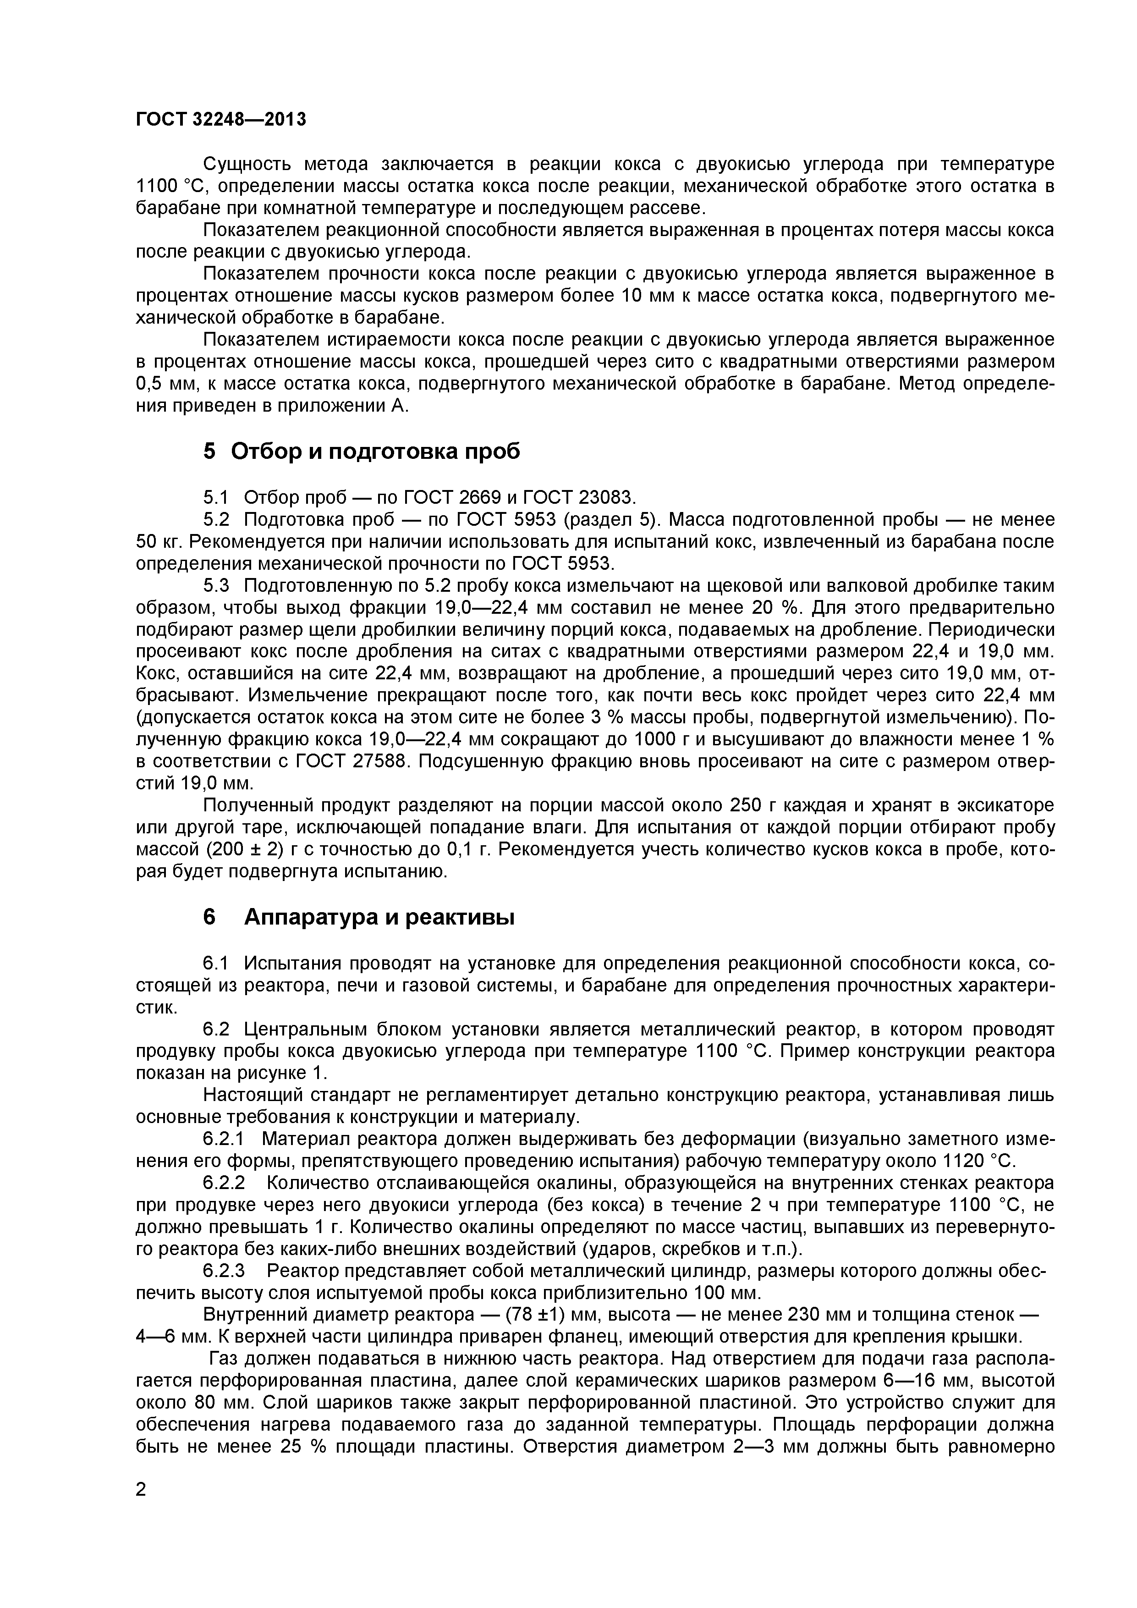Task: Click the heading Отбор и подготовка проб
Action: tap(375, 451)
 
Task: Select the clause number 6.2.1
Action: tap(225, 1138)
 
